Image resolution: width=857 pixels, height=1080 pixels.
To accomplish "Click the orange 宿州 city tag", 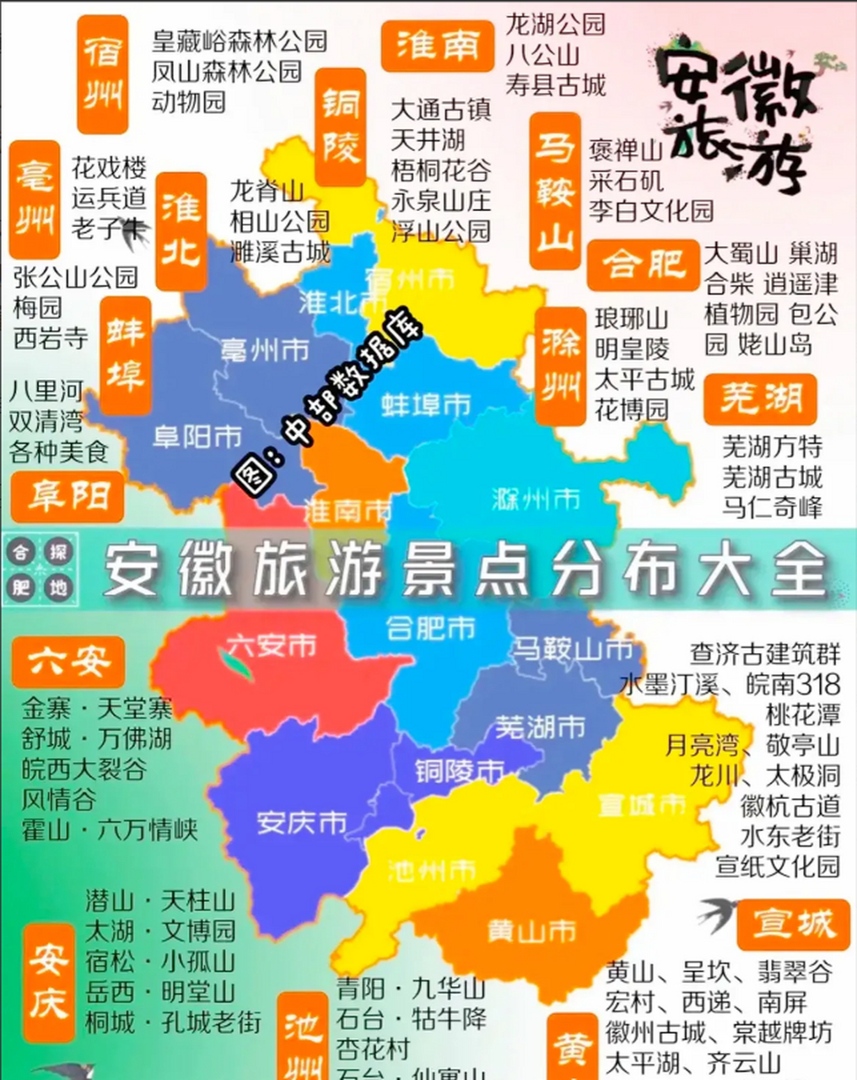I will [103, 74].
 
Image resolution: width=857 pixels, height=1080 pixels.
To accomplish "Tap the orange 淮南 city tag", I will [437, 46].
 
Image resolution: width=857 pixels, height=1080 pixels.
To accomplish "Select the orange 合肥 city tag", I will [644, 265].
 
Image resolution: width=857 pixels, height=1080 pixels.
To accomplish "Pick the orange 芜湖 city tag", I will [761, 399].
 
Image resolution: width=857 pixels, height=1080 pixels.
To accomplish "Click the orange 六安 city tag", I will [68, 661].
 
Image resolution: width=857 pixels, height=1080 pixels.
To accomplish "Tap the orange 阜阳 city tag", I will [68, 496].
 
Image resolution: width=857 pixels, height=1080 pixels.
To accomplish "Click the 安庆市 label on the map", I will [301, 821].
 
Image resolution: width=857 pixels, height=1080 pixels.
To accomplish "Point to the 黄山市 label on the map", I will [531, 931].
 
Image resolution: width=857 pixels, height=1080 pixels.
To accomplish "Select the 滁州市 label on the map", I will [536, 499].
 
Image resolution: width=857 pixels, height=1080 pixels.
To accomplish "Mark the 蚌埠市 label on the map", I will [426, 404].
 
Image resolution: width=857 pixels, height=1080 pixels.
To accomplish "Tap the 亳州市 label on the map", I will [265, 350].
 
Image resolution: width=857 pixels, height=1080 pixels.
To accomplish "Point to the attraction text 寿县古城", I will [556, 84].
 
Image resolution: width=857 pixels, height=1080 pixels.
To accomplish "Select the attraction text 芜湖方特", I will [772, 446].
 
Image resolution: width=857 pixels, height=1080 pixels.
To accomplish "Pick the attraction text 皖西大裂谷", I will [84, 769].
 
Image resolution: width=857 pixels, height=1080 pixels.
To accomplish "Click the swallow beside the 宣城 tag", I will [717, 915].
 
